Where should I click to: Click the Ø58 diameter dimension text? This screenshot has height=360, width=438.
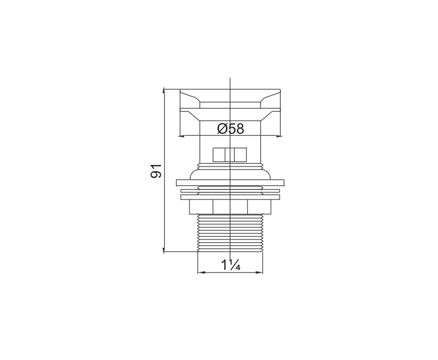pyautogui.click(x=230, y=129)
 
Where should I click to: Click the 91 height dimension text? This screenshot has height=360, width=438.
pyautogui.click(x=156, y=171)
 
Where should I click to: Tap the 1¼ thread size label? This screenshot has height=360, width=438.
pyautogui.click(x=230, y=265)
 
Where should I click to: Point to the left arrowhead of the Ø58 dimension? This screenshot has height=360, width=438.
pyautogui.click(x=181, y=136)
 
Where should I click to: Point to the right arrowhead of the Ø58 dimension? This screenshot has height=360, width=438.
pyautogui.click(x=279, y=136)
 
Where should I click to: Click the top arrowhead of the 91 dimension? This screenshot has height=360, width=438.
pyautogui.click(x=164, y=91)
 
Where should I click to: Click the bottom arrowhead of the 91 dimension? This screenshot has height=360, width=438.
pyautogui.click(x=164, y=249)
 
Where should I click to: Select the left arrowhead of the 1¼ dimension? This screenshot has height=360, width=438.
pyautogui.click(x=201, y=272)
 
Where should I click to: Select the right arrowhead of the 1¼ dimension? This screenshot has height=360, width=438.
pyautogui.click(x=260, y=272)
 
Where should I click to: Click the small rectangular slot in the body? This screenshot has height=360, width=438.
pyautogui.click(x=230, y=155)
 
